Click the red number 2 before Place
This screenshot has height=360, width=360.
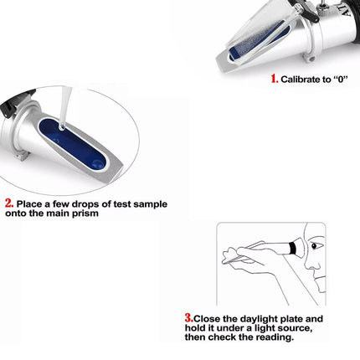(x=8, y=203)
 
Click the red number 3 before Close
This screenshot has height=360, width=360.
(x=188, y=317)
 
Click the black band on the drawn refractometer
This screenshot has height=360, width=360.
(x=293, y=247)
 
